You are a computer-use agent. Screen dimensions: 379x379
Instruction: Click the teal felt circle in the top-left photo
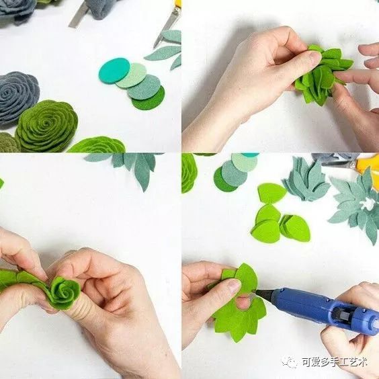(x=114, y=71)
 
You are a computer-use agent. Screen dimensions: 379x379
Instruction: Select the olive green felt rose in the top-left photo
(x=47, y=126)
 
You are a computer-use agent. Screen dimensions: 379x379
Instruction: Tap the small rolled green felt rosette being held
(x=65, y=293)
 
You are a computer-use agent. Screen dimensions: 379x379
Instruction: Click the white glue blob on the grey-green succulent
(x=367, y=204)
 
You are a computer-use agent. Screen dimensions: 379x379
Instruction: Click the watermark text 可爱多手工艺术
(x=335, y=362)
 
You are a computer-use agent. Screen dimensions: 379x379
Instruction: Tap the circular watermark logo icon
(x=290, y=362)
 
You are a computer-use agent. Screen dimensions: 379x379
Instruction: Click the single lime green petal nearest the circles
(x=271, y=193)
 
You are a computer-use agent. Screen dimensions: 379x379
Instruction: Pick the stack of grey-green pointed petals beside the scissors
(x=306, y=179)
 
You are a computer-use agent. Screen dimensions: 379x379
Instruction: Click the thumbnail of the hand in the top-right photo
(x=314, y=58)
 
